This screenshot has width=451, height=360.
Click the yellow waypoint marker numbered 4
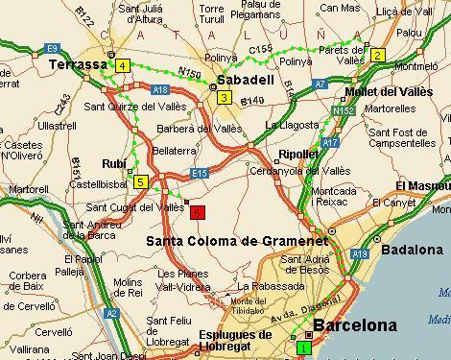pos(123,65)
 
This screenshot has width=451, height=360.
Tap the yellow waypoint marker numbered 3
pos(224,97)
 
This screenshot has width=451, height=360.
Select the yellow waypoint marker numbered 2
pos(378,55)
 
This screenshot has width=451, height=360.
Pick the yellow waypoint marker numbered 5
pos(141,181)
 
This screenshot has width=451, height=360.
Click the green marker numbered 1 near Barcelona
pos(304,348)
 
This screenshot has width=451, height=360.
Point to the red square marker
pos(197,211)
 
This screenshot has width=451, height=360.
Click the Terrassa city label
pos(76,63)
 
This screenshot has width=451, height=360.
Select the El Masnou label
pos(422,183)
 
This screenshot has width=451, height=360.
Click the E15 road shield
pos(200,173)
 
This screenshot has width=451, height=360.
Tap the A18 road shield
pos(159,89)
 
